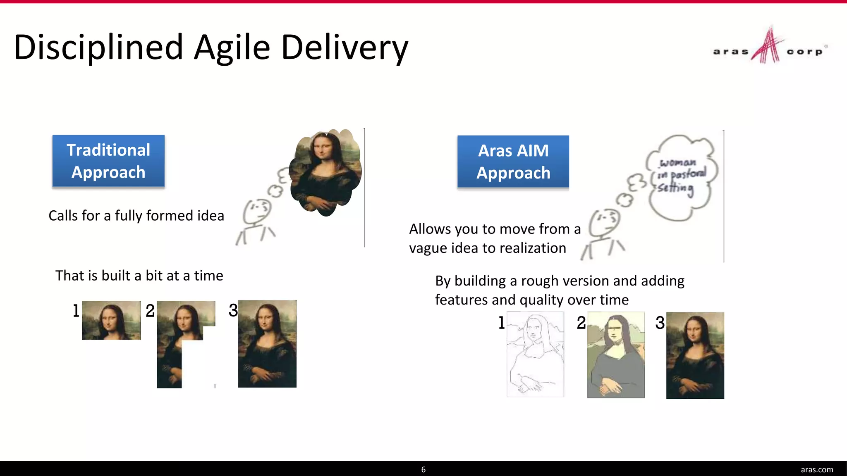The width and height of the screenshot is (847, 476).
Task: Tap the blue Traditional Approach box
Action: [x=108, y=161]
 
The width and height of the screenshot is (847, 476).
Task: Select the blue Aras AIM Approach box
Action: [x=513, y=162]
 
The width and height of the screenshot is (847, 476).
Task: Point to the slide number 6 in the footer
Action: [x=423, y=469]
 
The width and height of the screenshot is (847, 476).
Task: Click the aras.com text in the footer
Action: [x=817, y=469]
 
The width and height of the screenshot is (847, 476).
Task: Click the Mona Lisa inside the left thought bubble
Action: [x=325, y=171]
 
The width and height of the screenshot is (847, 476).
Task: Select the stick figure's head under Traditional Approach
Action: [x=257, y=211]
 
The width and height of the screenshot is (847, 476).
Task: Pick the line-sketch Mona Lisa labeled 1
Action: [x=535, y=354]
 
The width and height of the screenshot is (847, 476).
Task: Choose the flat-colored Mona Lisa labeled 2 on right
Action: [x=616, y=355]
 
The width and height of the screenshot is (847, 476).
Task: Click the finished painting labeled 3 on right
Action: [x=695, y=355]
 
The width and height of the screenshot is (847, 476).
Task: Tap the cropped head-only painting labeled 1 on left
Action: [x=111, y=320]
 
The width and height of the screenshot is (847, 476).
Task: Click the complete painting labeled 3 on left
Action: [x=267, y=344]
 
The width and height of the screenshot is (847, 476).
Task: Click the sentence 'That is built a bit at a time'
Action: [x=139, y=276]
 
